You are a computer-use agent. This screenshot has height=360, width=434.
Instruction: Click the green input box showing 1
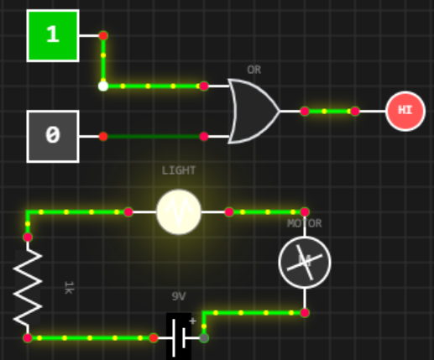(53, 35)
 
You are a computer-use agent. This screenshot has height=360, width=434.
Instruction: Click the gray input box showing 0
(53, 136)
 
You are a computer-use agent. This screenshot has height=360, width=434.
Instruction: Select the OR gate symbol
(254, 112)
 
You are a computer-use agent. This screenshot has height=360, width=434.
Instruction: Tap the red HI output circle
(405, 111)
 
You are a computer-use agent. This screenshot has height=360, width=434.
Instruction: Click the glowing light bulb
(179, 211)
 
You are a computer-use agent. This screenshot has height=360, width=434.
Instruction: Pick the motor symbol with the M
(305, 262)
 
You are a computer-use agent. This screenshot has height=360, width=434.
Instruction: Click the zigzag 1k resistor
(28, 288)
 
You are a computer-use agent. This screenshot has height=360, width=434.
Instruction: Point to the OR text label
(254, 70)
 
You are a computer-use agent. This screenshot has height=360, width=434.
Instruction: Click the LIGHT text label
(179, 170)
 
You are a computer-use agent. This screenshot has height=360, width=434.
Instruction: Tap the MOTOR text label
(305, 223)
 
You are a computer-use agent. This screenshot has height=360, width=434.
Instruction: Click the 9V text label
(179, 296)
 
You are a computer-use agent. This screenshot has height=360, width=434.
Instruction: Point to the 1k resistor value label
(69, 288)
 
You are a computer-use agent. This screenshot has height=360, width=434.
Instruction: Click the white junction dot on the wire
(103, 86)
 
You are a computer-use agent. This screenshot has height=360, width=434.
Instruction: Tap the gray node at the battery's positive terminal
(204, 338)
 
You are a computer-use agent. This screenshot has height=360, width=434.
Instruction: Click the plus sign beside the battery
(192, 321)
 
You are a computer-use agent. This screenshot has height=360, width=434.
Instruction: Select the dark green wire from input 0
(154, 137)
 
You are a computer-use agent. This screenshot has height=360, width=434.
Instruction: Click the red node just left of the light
(128, 212)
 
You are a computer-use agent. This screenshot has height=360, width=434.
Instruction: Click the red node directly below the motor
(305, 313)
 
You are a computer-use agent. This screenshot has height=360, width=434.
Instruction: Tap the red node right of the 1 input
(103, 35)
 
